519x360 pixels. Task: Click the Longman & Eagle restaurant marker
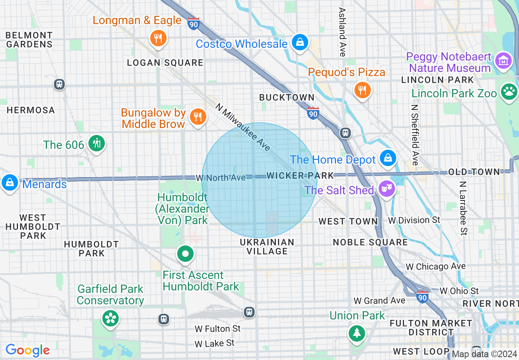coord(158,38)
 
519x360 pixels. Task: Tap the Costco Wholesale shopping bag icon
coord(300,42)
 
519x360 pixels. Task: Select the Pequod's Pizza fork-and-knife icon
coord(362,90)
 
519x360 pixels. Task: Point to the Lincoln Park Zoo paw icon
coord(509,91)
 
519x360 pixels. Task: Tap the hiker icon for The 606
coord(97,144)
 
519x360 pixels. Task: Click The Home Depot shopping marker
coord(388,158)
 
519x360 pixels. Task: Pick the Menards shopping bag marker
coord(9,183)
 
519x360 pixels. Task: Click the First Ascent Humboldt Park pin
coord(185,254)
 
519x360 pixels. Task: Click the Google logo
coord(27,350)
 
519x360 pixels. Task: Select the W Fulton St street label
coord(217,328)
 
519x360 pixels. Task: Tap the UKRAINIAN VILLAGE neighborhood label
coord(267,247)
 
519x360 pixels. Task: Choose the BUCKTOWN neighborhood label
coord(287,97)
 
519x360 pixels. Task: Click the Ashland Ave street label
coord(342,32)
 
